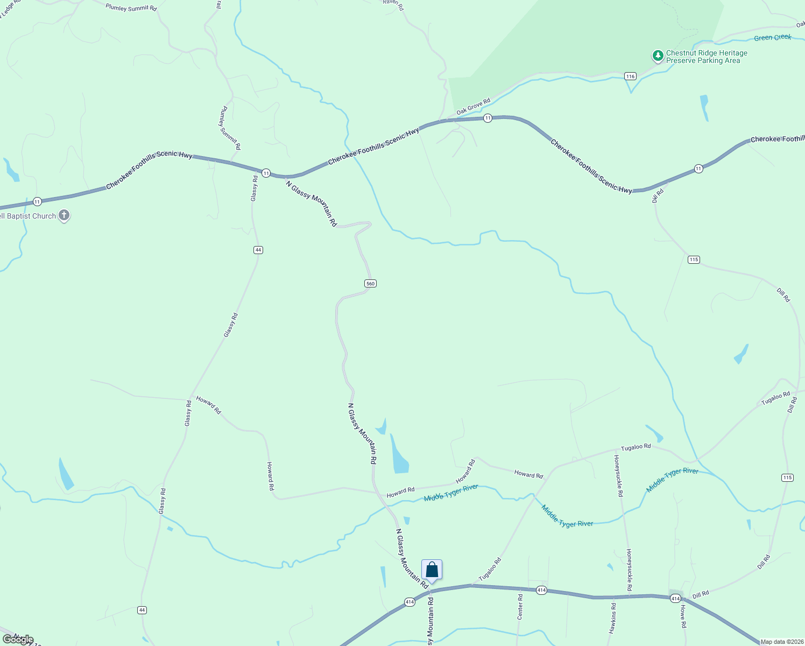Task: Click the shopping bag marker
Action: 432,570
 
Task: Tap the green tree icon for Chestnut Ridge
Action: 658,55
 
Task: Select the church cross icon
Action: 64,216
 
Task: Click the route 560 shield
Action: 370,284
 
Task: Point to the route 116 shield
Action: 631,76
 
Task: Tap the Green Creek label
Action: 772,38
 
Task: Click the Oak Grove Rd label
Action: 474,106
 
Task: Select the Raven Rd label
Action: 393,4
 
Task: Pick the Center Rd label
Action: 520,606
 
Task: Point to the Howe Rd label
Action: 683,616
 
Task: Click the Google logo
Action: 18,640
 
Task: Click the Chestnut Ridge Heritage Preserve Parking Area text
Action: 706,57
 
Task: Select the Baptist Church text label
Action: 28,216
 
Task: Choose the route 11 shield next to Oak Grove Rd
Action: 488,118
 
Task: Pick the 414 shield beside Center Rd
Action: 541,591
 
